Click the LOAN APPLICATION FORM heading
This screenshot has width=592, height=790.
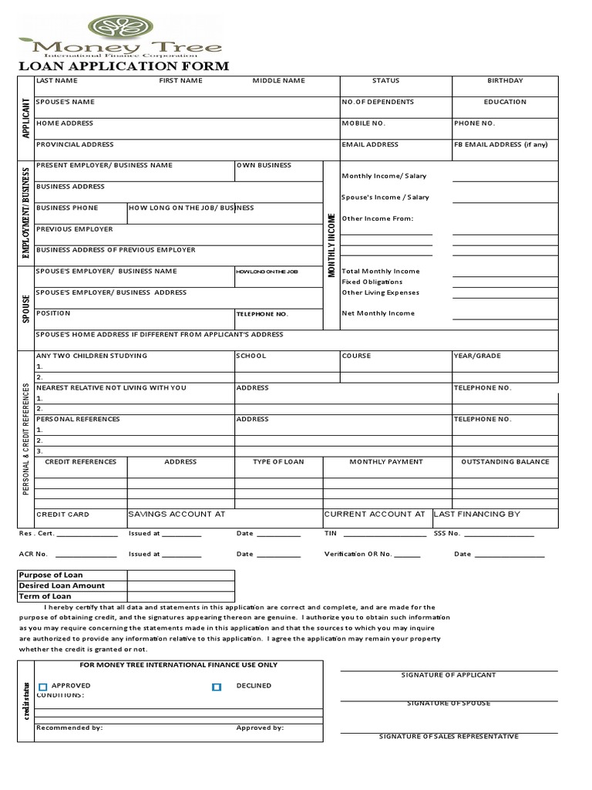(123, 66)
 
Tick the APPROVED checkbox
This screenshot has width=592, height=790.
(43, 687)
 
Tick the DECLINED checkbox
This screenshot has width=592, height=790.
(217, 687)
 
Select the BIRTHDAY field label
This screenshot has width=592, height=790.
(505, 81)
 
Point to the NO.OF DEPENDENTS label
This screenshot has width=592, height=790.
(378, 102)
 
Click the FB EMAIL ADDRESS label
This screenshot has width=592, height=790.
(500, 144)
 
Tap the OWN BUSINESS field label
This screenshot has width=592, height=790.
(264, 165)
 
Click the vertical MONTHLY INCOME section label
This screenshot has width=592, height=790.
(331, 245)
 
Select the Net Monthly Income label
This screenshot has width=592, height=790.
(378, 313)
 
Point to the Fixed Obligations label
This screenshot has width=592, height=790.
(372, 282)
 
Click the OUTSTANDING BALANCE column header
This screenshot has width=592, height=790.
(505, 462)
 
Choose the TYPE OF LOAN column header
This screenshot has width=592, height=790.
(278, 462)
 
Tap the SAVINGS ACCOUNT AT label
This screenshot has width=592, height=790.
(176, 514)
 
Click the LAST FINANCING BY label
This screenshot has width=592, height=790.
(477, 514)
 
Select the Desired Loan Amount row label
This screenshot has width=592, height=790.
(62, 586)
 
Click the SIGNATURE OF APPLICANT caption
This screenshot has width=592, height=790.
(449, 675)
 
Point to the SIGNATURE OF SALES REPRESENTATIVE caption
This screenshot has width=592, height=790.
(449, 737)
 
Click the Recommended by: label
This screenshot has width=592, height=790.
(69, 728)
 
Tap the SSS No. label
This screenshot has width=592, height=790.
(446, 533)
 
